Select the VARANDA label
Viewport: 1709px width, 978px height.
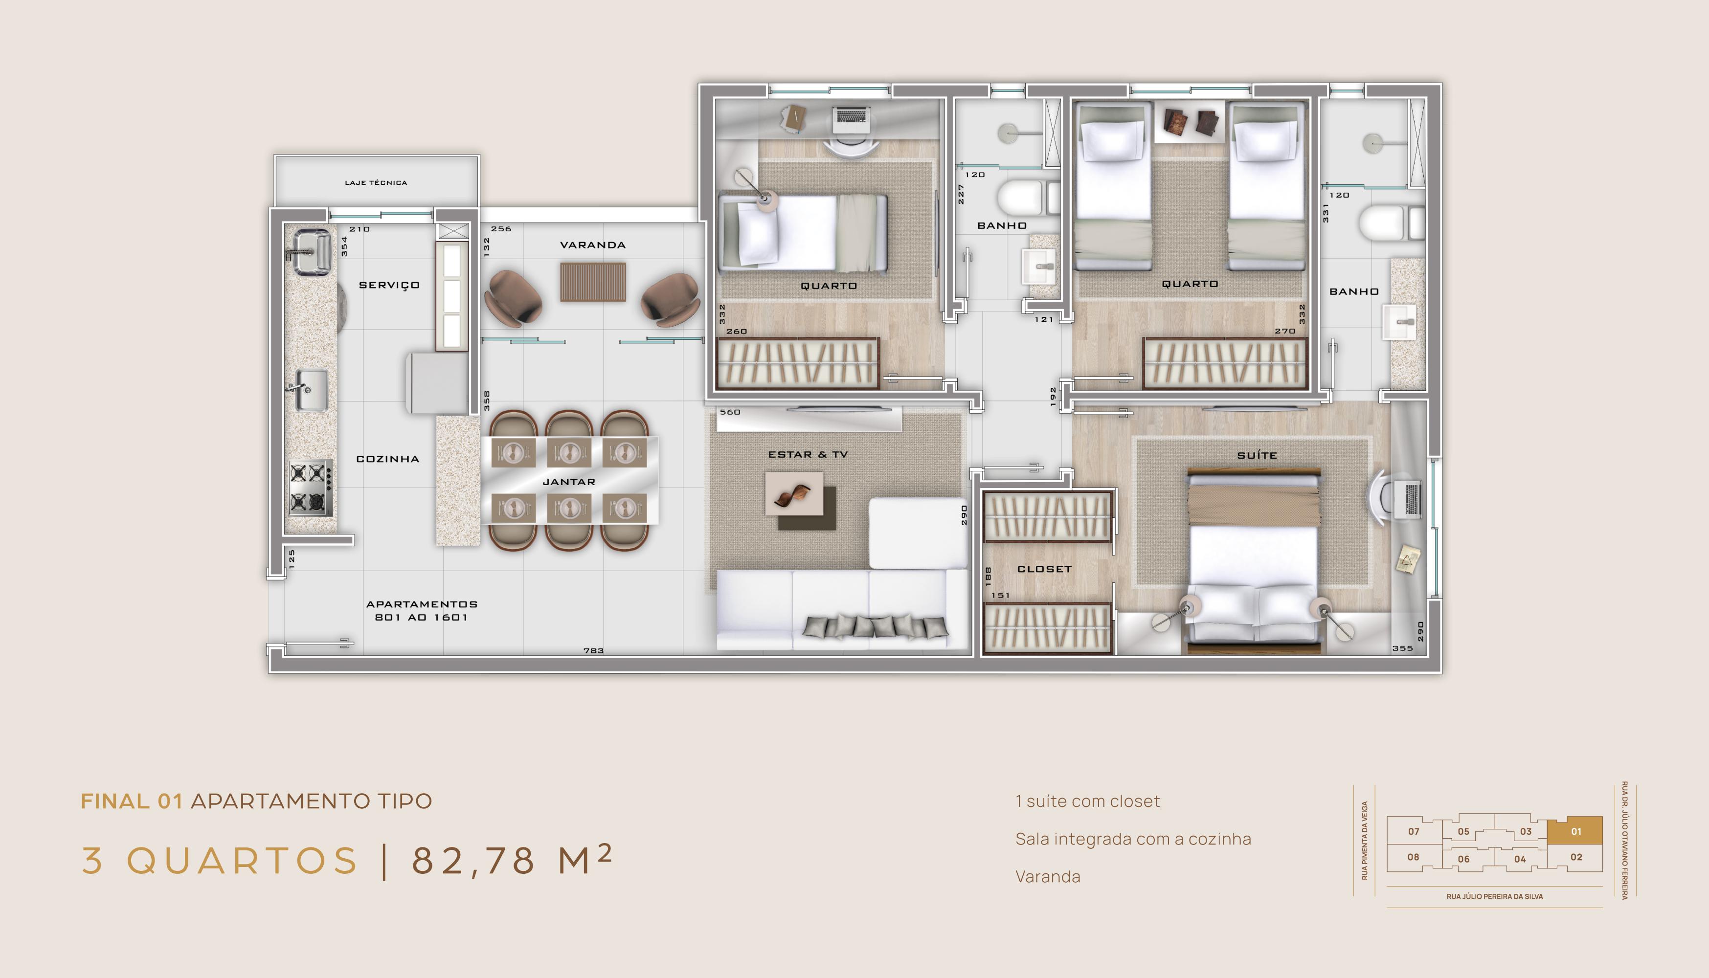point(592,245)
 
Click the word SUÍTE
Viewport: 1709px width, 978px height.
point(1257,455)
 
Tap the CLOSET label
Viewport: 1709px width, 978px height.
point(1044,569)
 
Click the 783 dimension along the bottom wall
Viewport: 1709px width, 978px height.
point(593,650)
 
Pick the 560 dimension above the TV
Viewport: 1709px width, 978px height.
point(730,412)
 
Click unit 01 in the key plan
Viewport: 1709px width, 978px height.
point(1575,831)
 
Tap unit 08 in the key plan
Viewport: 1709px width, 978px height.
point(1414,857)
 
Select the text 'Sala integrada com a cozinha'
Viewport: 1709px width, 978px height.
point(1133,839)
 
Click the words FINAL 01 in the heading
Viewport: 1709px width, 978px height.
point(132,801)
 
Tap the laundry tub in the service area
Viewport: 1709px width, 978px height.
point(311,251)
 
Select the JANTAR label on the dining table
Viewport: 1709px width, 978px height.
point(568,482)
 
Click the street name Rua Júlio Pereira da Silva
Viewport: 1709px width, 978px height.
point(1495,896)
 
